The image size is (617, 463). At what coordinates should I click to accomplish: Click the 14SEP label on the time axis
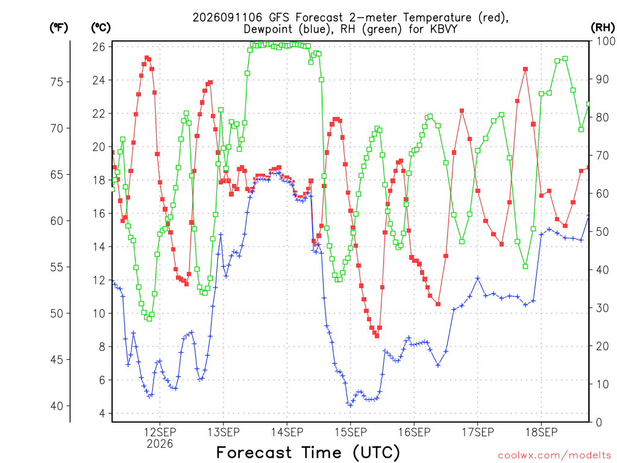pos(287,432)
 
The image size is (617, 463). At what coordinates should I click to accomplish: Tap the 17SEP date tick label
pos(478,432)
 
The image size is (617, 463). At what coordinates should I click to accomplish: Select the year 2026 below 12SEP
pos(160,444)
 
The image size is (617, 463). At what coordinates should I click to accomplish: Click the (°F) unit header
pos(58,28)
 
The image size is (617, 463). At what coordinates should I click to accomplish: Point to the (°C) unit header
pos(101,28)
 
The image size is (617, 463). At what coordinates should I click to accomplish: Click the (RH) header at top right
pos(603,28)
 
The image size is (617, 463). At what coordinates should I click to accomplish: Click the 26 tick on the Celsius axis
pos(99,47)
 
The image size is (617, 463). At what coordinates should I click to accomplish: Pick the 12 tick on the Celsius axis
pos(99,280)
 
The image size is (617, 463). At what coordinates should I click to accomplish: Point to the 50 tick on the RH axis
pos(603,231)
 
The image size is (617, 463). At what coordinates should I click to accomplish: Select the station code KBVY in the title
pos(443,29)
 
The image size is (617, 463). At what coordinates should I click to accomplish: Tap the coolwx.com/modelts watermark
pos(554,456)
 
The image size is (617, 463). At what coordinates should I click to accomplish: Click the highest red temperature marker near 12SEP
pos(147,58)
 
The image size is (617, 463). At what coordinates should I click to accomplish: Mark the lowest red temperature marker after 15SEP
pos(377,336)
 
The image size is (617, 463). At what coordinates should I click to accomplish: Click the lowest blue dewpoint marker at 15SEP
pos(351,405)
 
